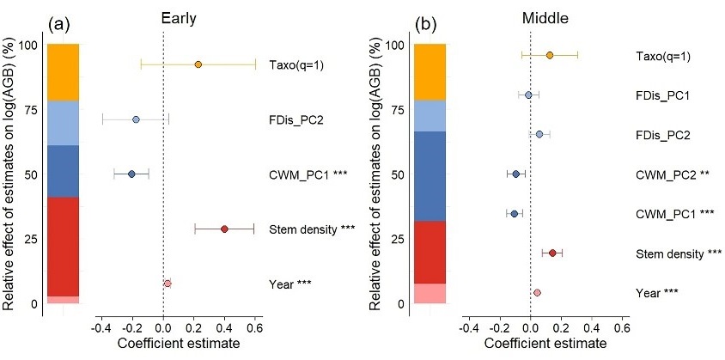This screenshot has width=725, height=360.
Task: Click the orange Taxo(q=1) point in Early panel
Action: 198,64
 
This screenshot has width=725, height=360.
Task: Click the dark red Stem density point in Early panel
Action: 224,229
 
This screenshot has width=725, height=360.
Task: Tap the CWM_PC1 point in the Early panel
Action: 131,174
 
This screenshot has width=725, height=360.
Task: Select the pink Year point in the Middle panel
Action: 537,292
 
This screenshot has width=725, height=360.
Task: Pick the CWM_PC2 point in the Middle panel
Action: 515,174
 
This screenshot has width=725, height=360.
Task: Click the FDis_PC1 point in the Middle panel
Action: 528,95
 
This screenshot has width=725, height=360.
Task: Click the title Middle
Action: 533,15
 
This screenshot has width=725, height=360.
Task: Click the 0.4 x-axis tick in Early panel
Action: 224,327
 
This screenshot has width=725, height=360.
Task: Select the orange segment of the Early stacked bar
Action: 63,72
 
